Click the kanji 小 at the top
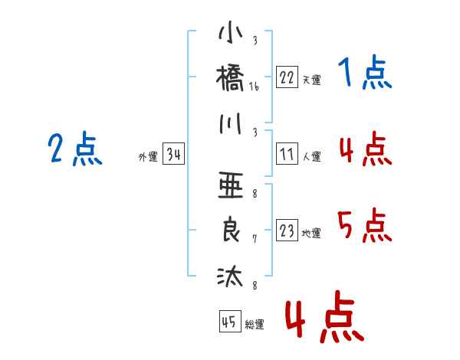click(x=231, y=32)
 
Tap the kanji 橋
click(x=230, y=78)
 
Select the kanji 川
click(x=231, y=124)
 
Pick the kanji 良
click(x=231, y=230)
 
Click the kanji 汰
click(x=230, y=276)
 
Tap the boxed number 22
click(x=287, y=77)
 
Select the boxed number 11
click(x=287, y=154)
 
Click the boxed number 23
click(x=287, y=230)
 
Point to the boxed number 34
click(x=173, y=153)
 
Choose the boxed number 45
click(x=230, y=321)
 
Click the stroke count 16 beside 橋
click(x=254, y=87)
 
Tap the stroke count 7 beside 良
click(x=255, y=239)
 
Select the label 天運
click(x=312, y=80)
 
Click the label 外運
click(x=148, y=156)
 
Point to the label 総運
click(x=255, y=324)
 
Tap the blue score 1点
click(x=365, y=72)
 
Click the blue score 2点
click(x=75, y=149)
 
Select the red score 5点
click(x=365, y=225)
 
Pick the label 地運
click(x=311, y=234)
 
